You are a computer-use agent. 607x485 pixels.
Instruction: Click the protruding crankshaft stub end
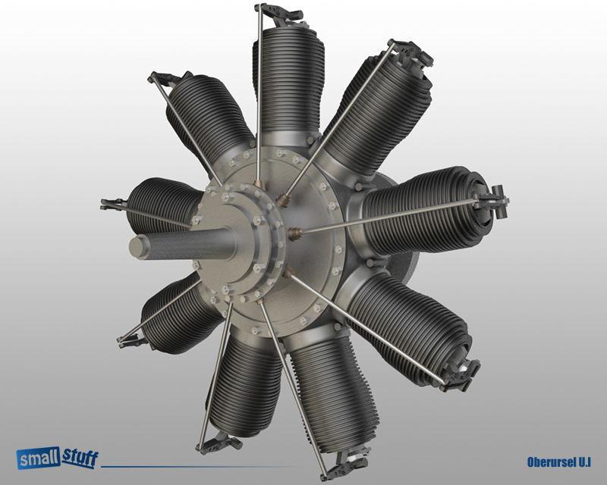pyautogui.click(x=140, y=246)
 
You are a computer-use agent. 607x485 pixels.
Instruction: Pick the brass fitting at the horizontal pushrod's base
pyautogui.click(x=294, y=231)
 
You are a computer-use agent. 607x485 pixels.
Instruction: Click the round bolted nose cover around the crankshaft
pyautogui.click(x=235, y=235)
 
